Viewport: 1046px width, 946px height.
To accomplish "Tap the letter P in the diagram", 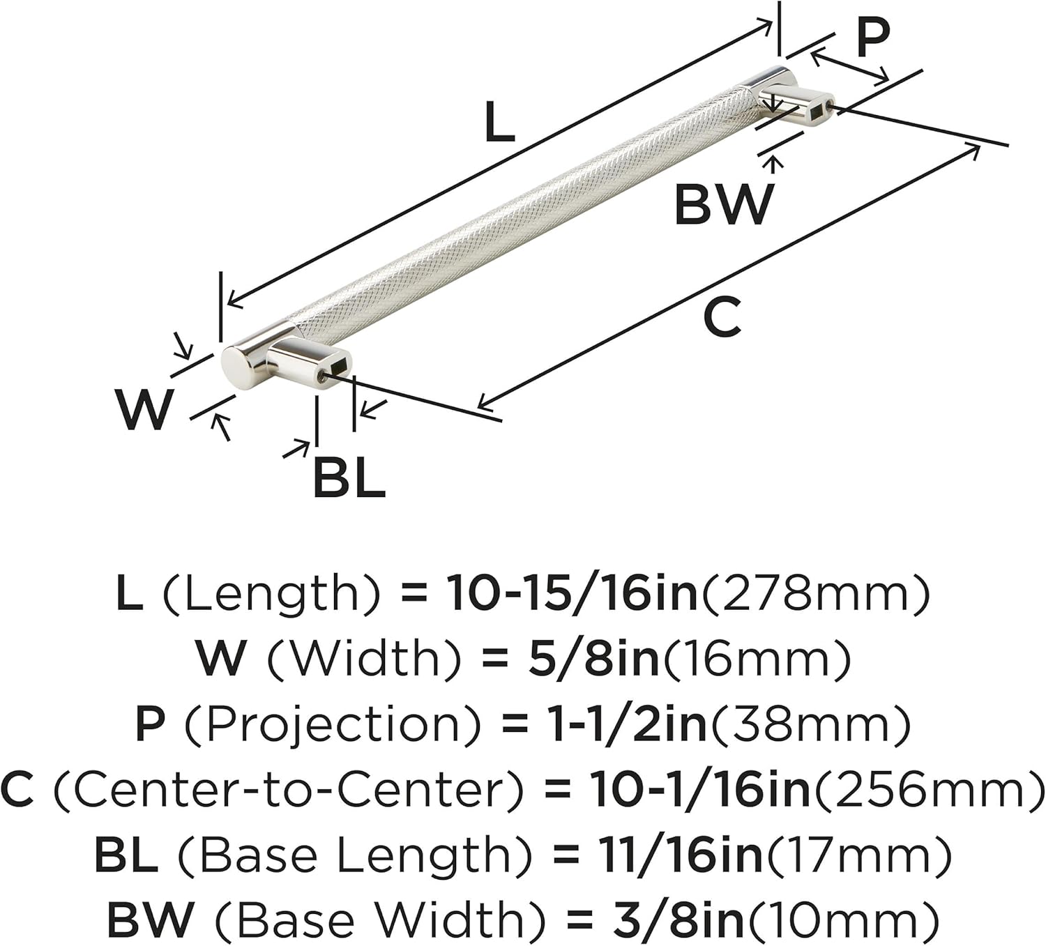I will coord(872,38).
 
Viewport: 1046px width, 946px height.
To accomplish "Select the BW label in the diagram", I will coord(724,204).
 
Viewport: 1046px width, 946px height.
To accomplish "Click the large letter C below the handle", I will coord(722,317).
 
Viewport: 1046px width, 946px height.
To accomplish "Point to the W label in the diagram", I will coord(144,409).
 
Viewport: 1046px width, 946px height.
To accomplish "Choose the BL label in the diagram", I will coord(349,478).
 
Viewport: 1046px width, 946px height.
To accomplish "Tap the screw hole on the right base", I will coord(829,107).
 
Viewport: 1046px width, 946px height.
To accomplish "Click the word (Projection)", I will coord(332,724).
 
